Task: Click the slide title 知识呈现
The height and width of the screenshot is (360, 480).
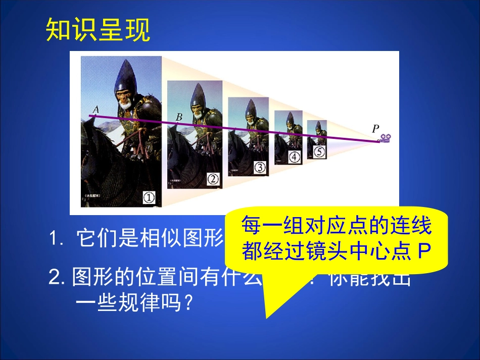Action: [98, 31]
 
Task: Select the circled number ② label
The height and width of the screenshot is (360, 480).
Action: [213, 178]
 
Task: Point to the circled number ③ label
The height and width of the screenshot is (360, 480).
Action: [259, 167]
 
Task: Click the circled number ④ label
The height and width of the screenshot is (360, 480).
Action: [294, 157]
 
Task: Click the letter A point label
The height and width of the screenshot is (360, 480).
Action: [95, 108]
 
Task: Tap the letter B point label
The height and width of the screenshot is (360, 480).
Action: [179, 117]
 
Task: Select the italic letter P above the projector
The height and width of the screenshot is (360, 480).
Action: [375, 129]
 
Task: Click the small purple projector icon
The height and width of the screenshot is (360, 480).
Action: [387, 138]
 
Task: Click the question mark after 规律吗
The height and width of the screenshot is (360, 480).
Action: [188, 303]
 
